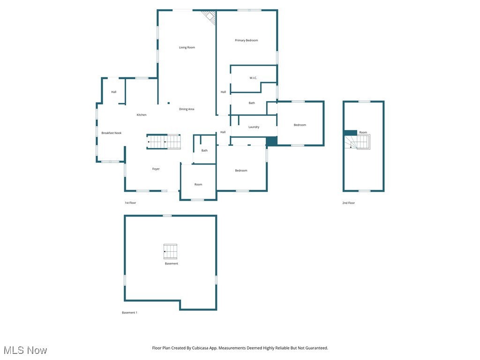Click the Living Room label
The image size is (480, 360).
pyautogui.click(x=187, y=47)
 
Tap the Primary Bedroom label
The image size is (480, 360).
pyautogui.click(x=246, y=40)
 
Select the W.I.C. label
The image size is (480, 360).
pyautogui.click(x=253, y=78)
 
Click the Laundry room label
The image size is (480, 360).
pyautogui.click(x=254, y=127)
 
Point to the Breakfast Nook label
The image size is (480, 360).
pyautogui.click(x=111, y=133)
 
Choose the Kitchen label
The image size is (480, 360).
pyautogui.click(x=142, y=115)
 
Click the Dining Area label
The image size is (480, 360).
pyautogui.click(x=187, y=109)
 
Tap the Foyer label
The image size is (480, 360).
pyautogui.click(x=156, y=169)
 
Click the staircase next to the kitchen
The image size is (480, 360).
pyautogui.click(x=164, y=142)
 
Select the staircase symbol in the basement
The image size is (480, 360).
pyautogui.click(x=170, y=252)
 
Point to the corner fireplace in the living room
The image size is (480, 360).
pyautogui.click(x=209, y=17)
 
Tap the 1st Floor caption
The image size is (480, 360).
pyautogui.click(x=130, y=203)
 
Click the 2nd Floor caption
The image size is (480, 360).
pyautogui.click(x=348, y=203)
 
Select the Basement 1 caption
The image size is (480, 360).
pyautogui.click(x=129, y=313)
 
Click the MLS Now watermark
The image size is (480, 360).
pyautogui.click(x=25, y=350)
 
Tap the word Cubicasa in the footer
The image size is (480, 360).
pyautogui.click(x=201, y=348)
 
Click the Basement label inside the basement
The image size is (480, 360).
pyautogui.click(x=171, y=263)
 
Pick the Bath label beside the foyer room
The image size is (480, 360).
pyautogui.click(x=204, y=150)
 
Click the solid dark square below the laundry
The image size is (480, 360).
pyautogui.click(x=271, y=141)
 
